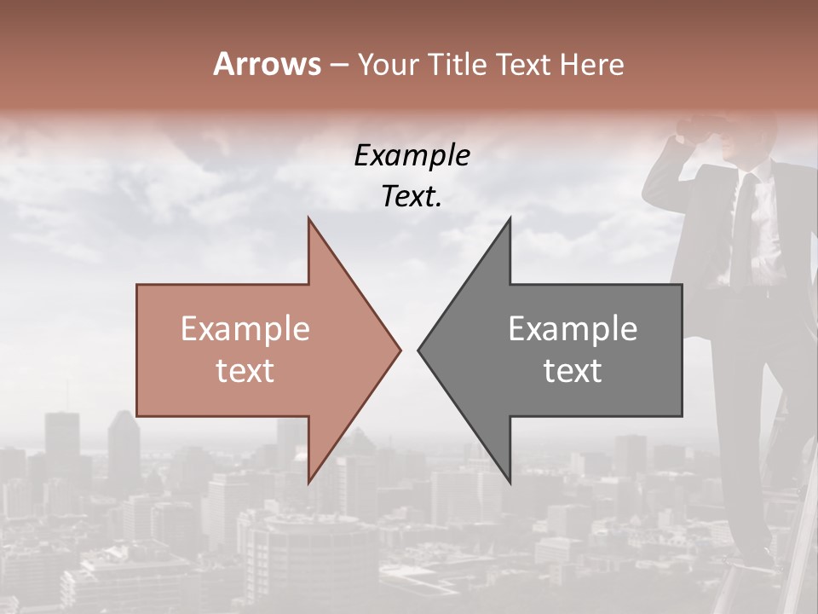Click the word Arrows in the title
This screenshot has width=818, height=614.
267,64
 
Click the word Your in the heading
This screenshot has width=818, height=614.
388,64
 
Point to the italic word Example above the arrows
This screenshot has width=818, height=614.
412,155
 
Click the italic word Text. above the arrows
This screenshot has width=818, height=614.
412,197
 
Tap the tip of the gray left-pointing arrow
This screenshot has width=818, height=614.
419,349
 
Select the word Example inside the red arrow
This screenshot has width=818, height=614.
245,328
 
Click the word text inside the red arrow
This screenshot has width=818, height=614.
245,370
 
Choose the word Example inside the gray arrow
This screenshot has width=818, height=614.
573,328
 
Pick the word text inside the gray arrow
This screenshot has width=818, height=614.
573,370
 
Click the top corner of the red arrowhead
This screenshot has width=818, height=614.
309,219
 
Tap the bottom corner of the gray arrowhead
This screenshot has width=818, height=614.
510,480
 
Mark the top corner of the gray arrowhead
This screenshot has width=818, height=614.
510,219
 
